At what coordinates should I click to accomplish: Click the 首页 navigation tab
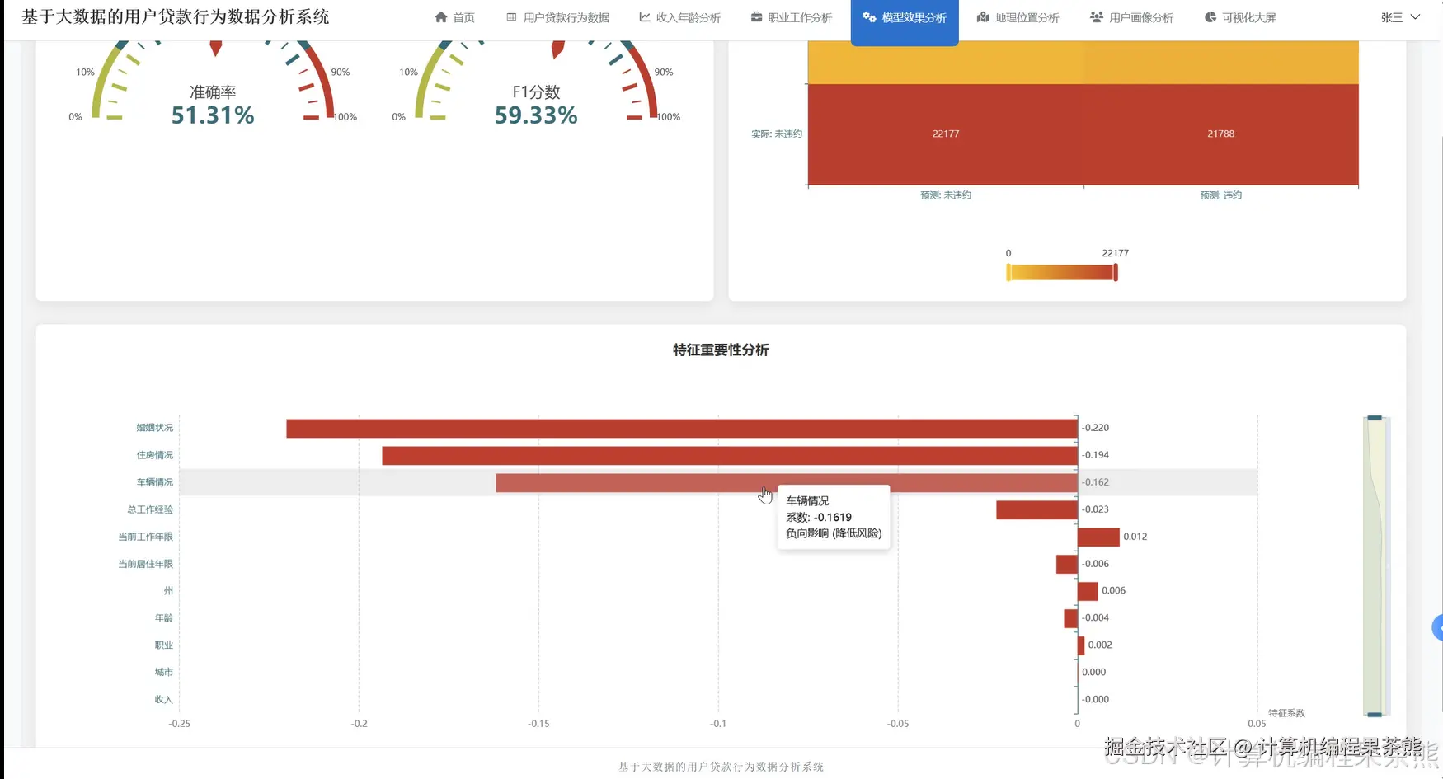click(x=455, y=17)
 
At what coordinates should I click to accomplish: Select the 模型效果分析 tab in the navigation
click(x=905, y=17)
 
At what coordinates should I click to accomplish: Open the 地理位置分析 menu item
click(x=1018, y=17)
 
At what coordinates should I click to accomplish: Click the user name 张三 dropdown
click(x=1399, y=17)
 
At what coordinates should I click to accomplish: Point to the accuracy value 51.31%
click(x=213, y=115)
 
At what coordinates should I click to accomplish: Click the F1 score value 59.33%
click(x=536, y=115)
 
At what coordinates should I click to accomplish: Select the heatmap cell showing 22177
click(x=946, y=134)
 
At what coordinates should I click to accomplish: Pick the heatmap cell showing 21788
click(x=1220, y=134)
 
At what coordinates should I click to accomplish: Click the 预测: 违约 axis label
click(x=1220, y=195)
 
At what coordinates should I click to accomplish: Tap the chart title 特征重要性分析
click(x=721, y=350)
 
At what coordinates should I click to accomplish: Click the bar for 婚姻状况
click(x=681, y=428)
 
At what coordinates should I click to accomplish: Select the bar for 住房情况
click(x=729, y=455)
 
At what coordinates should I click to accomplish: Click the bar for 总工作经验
click(x=1036, y=509)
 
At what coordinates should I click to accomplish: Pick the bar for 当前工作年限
click(x=1098, y=537)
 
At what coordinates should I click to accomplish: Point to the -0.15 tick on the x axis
click(x=538, y=724)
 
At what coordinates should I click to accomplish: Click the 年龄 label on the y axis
click(x=164, y=617)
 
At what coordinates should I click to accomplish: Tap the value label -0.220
click(x=1096, y=428)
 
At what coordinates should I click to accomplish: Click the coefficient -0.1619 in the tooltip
click(x=834, y=518)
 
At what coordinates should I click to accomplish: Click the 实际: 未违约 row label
click(x=777, y=134)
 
